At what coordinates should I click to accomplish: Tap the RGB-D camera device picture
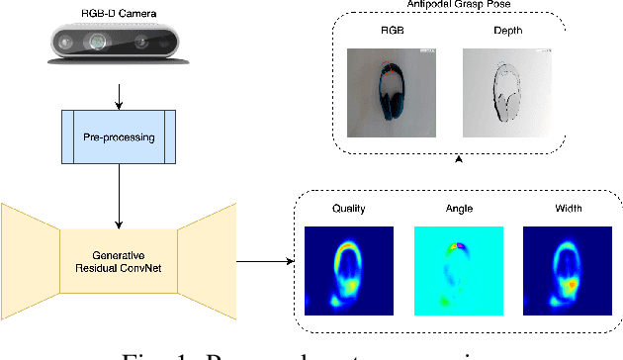click(x=119, y=45)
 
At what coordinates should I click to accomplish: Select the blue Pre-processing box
click(x=119, y=136)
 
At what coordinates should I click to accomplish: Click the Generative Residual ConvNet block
click(x=119, y=248)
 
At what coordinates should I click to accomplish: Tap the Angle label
click(x=458, y=210)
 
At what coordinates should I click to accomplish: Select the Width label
click(x=567, y=210)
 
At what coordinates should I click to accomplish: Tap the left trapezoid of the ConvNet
click(x=30, y=249)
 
